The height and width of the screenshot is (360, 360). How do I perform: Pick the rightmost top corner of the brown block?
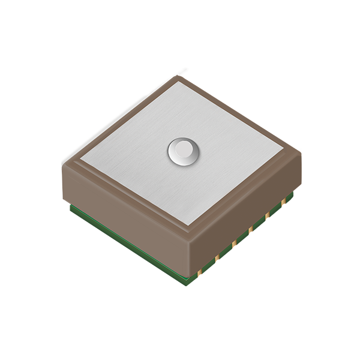click(x=299, y=148)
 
